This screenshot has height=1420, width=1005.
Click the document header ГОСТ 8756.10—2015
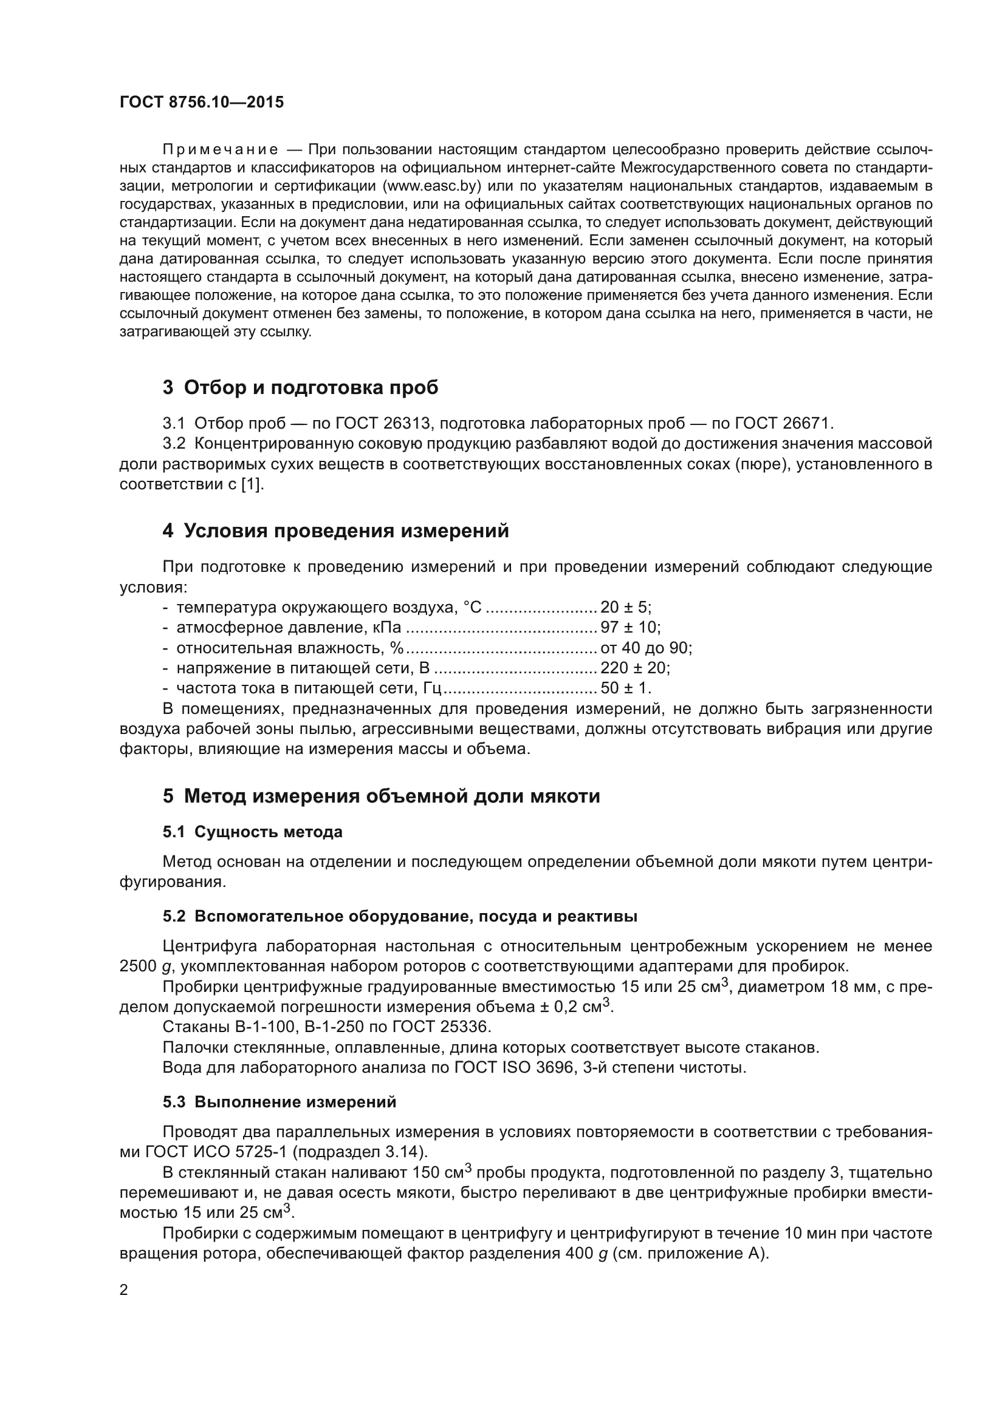pyautogui.click(x=202, y=102)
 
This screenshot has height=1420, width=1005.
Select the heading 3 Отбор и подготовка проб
pyautogui.click(x=301, y=388)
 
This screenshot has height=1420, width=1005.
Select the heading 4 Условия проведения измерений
pyautogui.click(x=336, y=531)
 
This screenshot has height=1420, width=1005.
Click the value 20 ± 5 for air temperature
pyautogui.click(x=625, y=607)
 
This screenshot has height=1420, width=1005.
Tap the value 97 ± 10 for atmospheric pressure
pyautogui.click(x=629, y=628)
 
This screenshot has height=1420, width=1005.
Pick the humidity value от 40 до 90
pyautogui.click(x=645, y=648)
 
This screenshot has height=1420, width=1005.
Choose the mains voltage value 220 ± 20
pyautogui.click(x=634, y=668)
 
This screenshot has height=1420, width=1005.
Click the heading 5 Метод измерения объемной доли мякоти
pyautogui.click(x=381, y=796)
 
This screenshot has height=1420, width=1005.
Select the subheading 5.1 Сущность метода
pyautogui.click(x=253, y=832)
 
